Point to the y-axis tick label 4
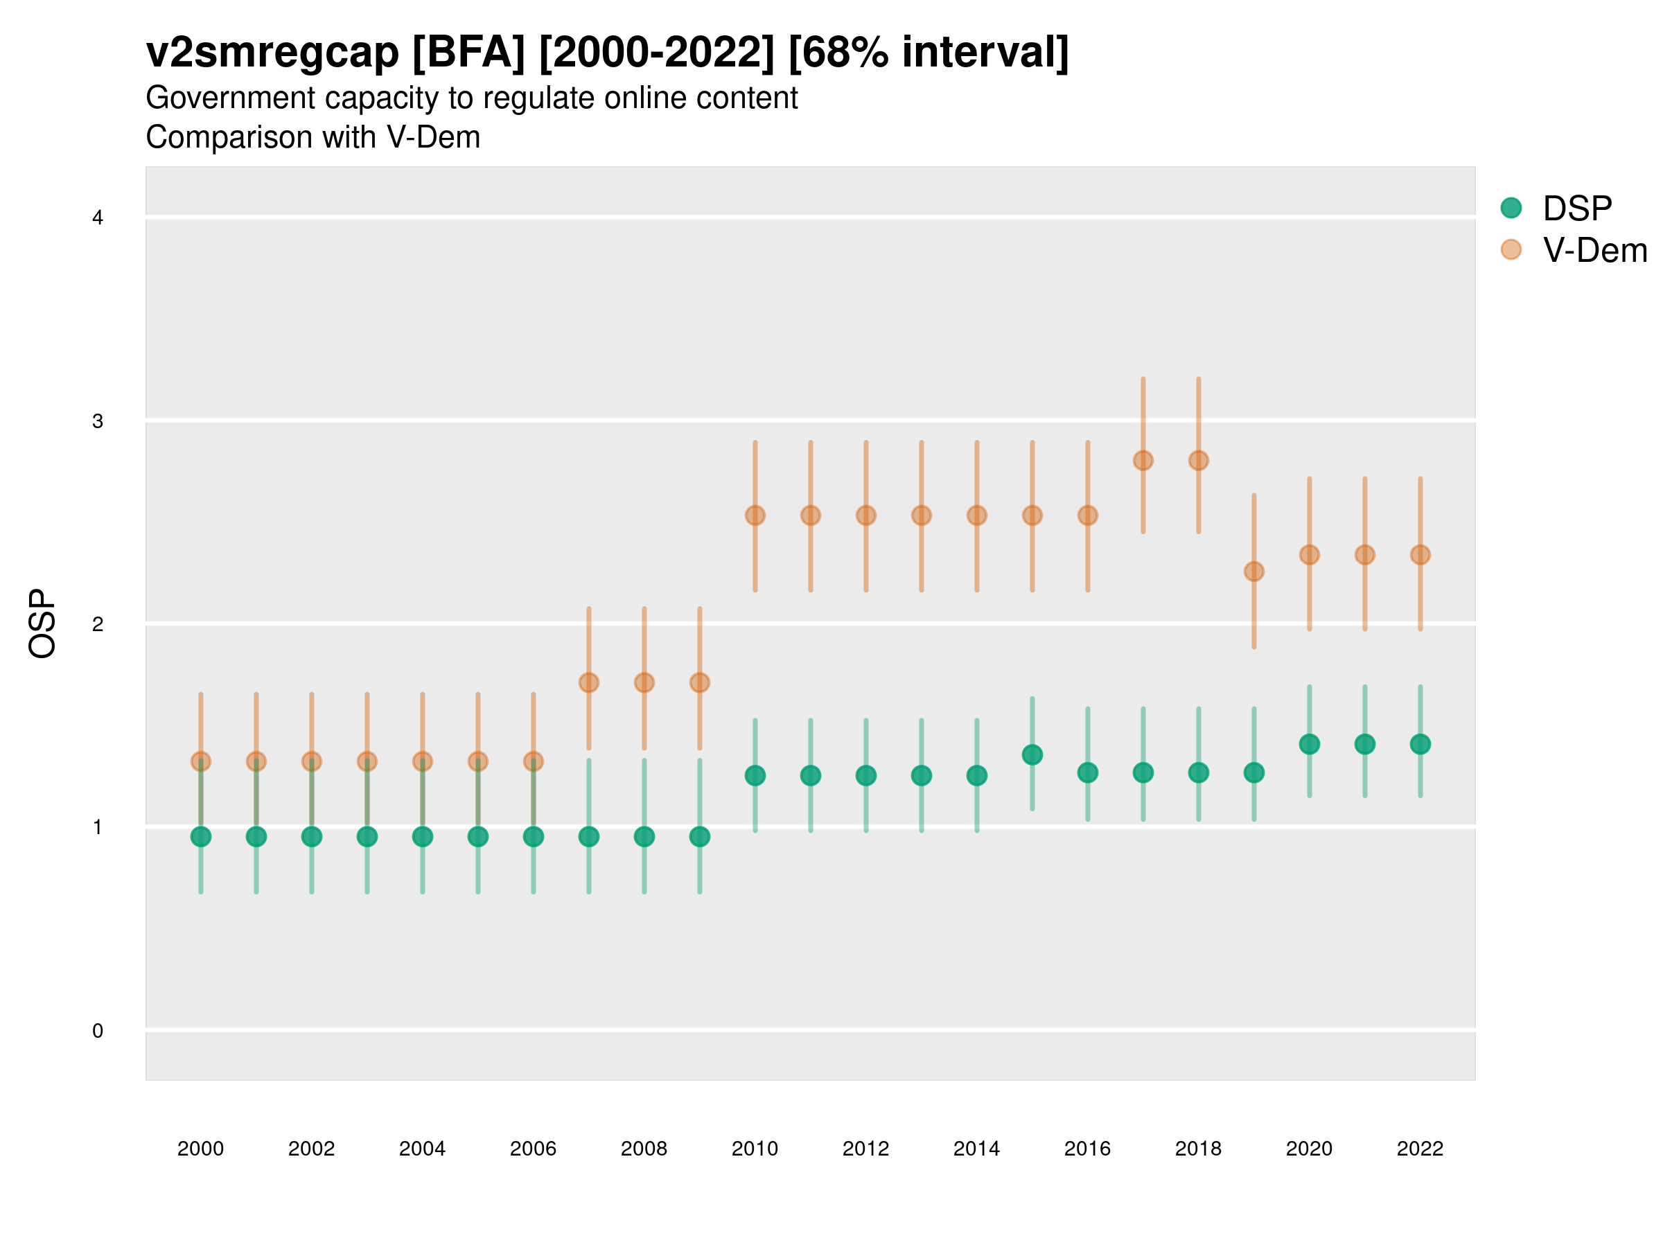tap(98, 218)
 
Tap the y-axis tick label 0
tap(98, 1031)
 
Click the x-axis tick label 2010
tap(755, 1149)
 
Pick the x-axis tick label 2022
tap(1420, 1149)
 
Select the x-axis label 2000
tap(201, 1149)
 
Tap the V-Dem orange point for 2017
tap(1143, 461)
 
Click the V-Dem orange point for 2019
tap(1254, 572)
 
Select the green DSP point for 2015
tap(1032, 754)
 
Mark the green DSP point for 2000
tap(201, 837)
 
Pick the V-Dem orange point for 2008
tap(644, 682)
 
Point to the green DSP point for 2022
tap(1420, 744)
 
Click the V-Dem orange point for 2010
tap(755, 515)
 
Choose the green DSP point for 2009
tap(700, 837)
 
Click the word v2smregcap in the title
tap(272, 53)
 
